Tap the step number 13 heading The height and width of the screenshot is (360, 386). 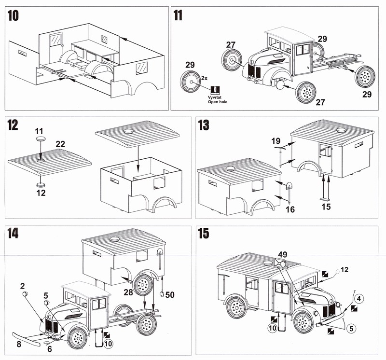click(204, 126)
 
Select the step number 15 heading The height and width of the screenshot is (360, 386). click(204, 234)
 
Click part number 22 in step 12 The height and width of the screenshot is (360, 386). click(60, 143)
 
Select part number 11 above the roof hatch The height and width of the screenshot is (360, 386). click(39, 130)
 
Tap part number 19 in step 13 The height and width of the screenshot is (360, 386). click(276, 141)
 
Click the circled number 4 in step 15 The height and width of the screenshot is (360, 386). click(359, 298)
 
